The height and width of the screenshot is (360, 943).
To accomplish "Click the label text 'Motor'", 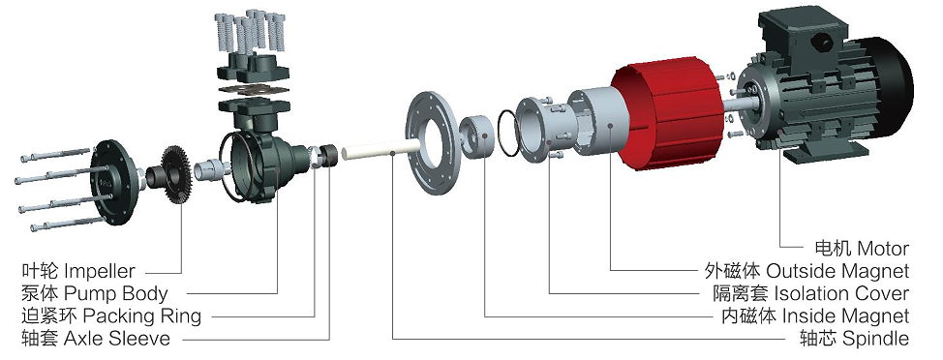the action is (883, 248).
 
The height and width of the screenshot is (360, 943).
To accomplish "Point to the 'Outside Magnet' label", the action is (837, 270).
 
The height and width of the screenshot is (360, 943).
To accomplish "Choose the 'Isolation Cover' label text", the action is (840, 293).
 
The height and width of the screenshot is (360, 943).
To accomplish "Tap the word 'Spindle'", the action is (875, 339).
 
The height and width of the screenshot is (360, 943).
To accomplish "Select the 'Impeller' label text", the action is (99, 271).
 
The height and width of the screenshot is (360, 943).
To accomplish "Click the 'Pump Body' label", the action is (115, 293).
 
